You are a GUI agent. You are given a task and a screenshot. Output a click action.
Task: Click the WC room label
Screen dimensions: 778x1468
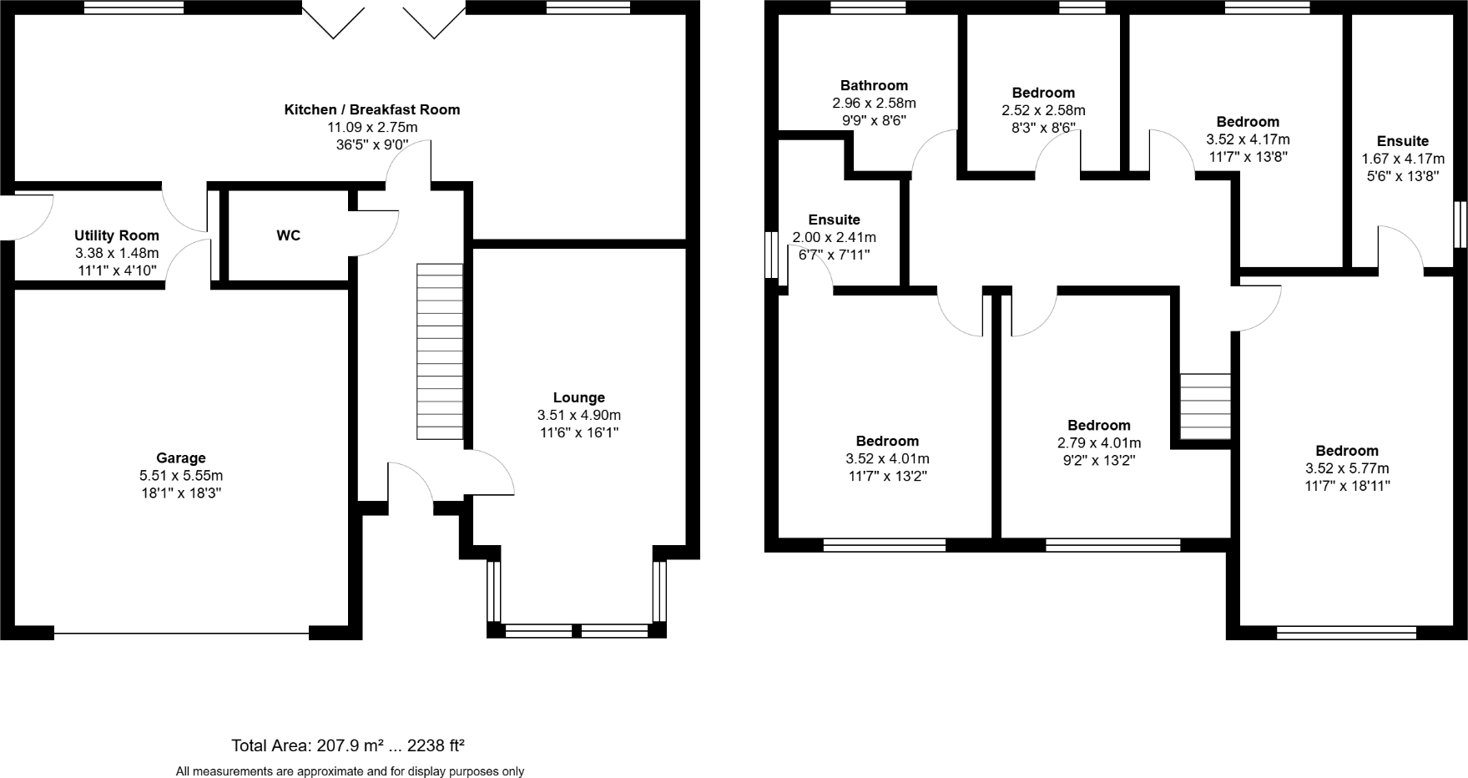pos(288,236)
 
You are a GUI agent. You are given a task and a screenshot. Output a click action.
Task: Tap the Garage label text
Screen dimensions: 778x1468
pos(180,458)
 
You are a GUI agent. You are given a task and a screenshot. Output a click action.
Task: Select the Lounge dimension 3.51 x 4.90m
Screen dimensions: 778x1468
pos(578,416)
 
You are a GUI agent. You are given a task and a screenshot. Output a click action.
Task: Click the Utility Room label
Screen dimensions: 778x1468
pos(116,236)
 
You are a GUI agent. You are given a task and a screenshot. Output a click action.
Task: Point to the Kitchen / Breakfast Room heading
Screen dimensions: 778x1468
pos(371,110)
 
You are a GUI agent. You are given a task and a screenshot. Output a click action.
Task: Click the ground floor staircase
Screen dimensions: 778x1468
pos(440,351)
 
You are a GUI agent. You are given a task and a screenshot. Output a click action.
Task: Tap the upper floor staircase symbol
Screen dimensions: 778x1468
pos(1205,407)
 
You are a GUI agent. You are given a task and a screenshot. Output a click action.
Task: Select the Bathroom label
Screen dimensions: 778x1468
pos(874,86)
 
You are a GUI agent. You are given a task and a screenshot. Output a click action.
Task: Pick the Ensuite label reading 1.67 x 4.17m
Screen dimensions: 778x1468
pos(1402,159)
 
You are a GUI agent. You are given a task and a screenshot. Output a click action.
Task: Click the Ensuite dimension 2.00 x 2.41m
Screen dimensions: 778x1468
pos(834,238)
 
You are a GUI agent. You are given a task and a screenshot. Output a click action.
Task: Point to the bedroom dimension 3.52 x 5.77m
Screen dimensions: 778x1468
pos(1347,469)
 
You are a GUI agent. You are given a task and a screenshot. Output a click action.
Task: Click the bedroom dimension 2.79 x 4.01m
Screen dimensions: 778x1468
pos(1098,443)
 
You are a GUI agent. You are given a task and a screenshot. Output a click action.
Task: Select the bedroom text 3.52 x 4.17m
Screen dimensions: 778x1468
pos(1248,139)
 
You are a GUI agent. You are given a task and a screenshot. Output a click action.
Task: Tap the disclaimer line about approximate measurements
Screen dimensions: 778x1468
pos(350,771)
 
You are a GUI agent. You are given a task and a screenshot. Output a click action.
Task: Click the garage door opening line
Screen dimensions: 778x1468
pos(181,634)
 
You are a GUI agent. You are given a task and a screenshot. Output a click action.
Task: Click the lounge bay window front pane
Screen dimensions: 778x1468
pos(577,631)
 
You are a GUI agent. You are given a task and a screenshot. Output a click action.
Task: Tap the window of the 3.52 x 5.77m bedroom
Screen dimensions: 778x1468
pos(1346,634)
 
